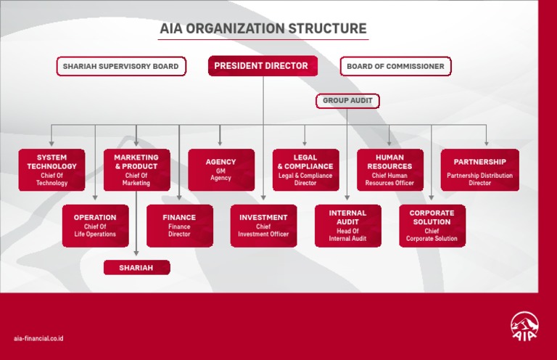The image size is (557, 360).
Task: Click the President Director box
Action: pyautogui.click(x=263, y=66)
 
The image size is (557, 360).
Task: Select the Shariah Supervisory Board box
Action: pyautogui.click(x=120, y=67)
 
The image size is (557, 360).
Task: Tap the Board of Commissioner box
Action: pyautogui.click(x=395, y=67)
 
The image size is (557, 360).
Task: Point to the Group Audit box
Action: pyautogui.click(x=347, y=101)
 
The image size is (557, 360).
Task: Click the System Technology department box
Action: pyautogui.click(x=52, y=170)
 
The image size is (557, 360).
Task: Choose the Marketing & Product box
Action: pyautogui.click(x=136, y=170)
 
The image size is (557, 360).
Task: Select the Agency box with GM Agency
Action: pyautogui.click(x=220, y=170)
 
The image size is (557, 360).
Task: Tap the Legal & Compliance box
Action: pyautogui.click(x=305, y=170)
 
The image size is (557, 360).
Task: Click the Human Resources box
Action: pyautogui.click(x=389, y=170)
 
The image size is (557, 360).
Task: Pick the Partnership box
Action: pyautogui.click(x=479, y=170)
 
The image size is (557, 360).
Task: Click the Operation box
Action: pyautogui.click(x=95, y=226)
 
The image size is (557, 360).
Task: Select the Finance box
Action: pyautogui.click(x=179, y=226)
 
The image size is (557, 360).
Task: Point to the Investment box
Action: pyautogui.click(x=263, y=226)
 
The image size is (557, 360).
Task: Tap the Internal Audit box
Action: pyautogui.click(x=347, y=226)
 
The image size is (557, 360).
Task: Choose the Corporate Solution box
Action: pyautogui.click(x=432, y=226)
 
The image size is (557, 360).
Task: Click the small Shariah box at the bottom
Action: pyautogui.click(x=136, y=268)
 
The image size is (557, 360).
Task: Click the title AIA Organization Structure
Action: pyautogui.click(x=263, y=29)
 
